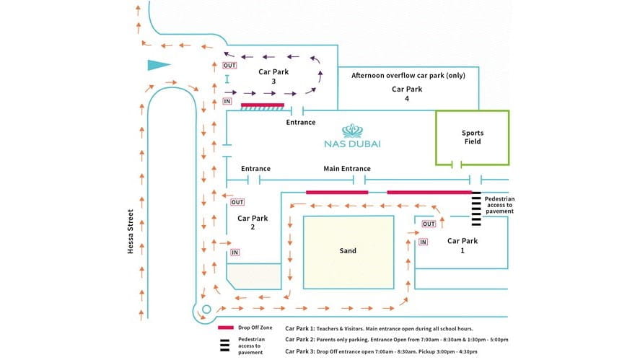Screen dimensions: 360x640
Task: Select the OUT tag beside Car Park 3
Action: tap(229, 66)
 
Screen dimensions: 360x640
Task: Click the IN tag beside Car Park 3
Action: tap(227, 102)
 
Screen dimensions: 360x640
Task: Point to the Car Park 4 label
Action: tap(406, 94)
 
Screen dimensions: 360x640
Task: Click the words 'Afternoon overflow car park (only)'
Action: tap(408, 75)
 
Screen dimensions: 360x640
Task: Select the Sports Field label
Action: tap(473, 137)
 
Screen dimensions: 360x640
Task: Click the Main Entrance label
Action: tap(346, 168)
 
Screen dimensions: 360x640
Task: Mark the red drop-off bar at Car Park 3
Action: tap(264, 105)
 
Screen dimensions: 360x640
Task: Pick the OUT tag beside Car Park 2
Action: tap(238, 203)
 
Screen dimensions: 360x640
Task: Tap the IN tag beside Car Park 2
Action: tap(235, 253)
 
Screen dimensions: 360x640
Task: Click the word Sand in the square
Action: tap(348, 251)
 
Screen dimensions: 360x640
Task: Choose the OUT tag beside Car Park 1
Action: tap(429, 224)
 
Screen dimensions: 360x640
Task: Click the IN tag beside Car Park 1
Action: tap(424, 242)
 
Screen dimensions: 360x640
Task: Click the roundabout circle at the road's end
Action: tap(206, 309)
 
